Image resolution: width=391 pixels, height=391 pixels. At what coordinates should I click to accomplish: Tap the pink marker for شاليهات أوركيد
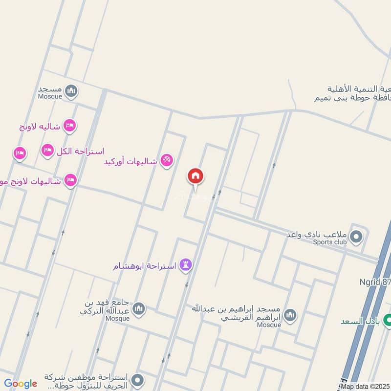point(167,160)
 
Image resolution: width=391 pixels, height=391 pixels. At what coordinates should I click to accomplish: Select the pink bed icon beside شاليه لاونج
point(70,126)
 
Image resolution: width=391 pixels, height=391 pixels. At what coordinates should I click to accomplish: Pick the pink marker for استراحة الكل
point(47,150)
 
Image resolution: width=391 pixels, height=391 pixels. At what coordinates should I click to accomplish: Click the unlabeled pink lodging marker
point(20,153)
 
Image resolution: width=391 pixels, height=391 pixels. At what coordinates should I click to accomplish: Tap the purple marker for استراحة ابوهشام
point(186,265)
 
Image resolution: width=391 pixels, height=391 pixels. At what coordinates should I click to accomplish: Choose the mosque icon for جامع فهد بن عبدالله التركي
point(139,309)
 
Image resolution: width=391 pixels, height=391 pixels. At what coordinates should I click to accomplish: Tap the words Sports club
point(330,242)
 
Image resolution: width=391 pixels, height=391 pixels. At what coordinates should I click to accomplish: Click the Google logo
point(21,384)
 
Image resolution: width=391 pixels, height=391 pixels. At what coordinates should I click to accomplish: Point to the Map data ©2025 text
point(366,386)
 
